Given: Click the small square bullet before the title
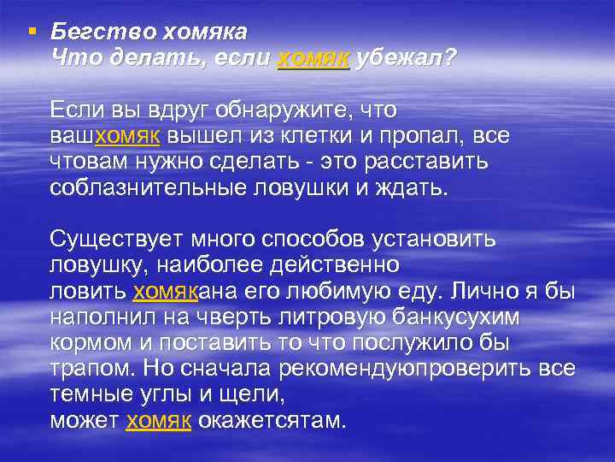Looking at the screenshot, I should (32, 33).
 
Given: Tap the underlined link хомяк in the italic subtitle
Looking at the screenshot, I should (313, 58).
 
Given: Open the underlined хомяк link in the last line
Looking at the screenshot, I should (159, 421).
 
